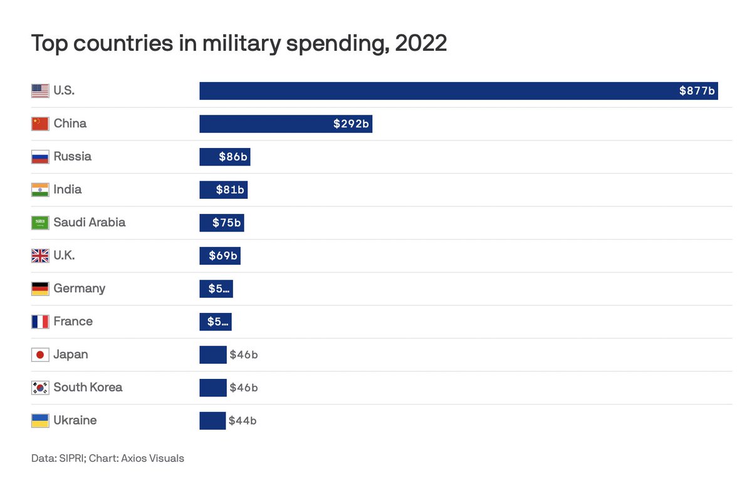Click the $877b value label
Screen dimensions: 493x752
click(697, 91)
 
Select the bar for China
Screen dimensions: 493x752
click(285, 124)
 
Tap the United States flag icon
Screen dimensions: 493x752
click(40, 91)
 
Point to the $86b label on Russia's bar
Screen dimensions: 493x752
click(232, 157)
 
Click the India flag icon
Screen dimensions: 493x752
click(40, 189)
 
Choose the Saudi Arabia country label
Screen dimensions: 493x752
click(89, 223)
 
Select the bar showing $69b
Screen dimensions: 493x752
click(219, 256)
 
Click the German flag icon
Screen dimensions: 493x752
click(40, 289)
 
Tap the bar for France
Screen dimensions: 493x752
click(216, 322)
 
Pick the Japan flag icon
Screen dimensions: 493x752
click(40, 355)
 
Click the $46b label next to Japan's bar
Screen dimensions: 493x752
click(244, 355)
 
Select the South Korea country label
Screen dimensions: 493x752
click(88, 388)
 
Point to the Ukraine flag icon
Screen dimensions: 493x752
click(40, 421)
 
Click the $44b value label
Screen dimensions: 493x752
click(243, 421)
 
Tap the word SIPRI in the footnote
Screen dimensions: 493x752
click(70, 459)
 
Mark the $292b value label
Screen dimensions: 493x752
click(351, 124)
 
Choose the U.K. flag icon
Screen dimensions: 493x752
click(40, 256)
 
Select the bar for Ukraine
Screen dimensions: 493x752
click(212, 421)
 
